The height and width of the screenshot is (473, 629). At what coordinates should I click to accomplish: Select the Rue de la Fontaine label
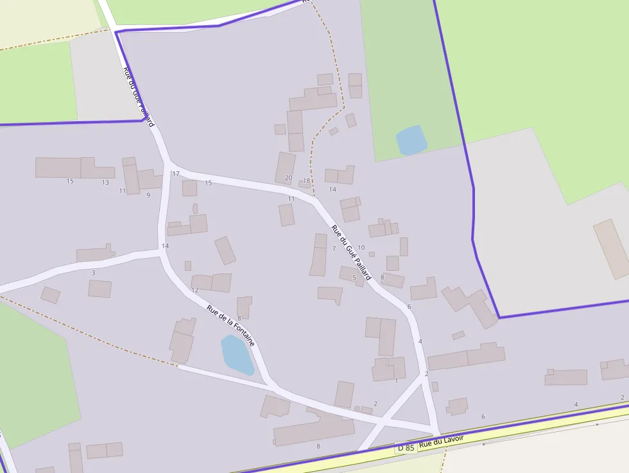point(230,325)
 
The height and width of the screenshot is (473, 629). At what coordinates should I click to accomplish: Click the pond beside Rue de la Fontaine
point(237,354)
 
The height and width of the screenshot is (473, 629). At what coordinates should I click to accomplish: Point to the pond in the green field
point(411,140)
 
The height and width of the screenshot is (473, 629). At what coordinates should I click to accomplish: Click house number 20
point(288,178)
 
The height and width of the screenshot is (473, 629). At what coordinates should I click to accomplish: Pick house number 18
point(306,181)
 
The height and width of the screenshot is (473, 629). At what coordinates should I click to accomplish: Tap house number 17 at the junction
point(176,174)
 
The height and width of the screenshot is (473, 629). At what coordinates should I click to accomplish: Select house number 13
point(105,182)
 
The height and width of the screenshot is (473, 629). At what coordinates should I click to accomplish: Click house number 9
point(148,195)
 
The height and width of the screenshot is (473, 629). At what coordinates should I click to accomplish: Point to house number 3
point(93,273)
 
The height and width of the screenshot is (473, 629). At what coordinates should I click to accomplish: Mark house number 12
point(195,290)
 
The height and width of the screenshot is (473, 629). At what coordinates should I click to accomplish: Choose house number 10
point(361,248)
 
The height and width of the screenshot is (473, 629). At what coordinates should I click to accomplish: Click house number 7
point(334,248)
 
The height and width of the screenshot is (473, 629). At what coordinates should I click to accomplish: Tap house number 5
point(354,278)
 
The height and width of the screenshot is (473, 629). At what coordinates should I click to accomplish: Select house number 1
point(396,381)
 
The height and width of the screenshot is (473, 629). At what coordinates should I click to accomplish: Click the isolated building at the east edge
point(612,249)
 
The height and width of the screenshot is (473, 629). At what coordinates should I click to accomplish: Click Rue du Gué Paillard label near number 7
point(351,252)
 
